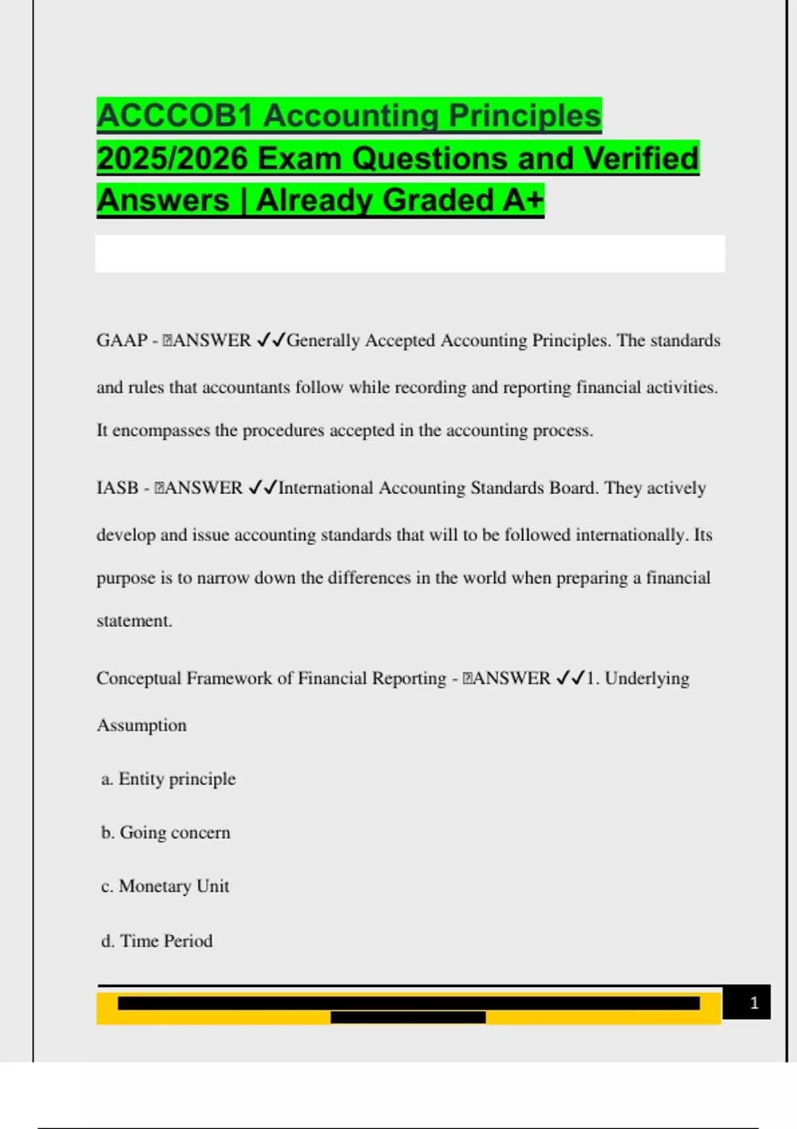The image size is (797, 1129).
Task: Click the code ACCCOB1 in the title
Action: (175, 116)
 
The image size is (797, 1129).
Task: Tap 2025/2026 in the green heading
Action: (172, 159)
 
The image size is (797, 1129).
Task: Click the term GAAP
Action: (122, 340)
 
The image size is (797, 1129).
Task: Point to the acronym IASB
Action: (118, 487)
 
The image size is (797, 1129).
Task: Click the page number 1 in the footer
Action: (754, 1002)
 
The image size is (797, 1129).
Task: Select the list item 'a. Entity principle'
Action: (169, 778)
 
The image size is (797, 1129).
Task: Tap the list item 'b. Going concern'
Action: (166, 832)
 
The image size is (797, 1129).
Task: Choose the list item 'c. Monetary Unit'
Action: (165, 886)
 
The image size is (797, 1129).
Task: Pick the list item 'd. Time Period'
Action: (157, 940)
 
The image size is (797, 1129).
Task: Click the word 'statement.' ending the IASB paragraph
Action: (134, 621)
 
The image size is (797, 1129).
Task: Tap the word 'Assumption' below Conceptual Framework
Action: (141, 725)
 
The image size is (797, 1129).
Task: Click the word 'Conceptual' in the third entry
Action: (138, 678)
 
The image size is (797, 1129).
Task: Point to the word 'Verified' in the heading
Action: (641, 159)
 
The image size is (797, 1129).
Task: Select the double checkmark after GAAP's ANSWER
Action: (270, 340)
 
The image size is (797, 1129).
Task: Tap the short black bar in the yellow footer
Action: (408, 1017)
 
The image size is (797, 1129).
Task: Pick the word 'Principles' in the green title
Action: (525, 116)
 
